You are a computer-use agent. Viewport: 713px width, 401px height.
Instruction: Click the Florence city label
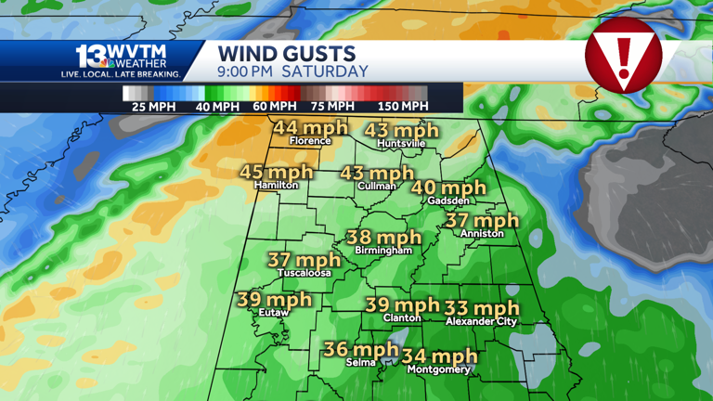(x=310, y=141)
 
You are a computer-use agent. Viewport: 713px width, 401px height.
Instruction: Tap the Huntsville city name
(x=402, y=145)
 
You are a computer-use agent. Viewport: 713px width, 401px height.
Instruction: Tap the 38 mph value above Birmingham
(x=383, y=238)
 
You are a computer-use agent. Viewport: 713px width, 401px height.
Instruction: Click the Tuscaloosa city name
(x=305, y=274)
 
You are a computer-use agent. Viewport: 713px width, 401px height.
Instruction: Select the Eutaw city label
(x=274, y=313)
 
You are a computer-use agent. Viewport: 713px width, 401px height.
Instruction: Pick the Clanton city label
(x=402, y=318)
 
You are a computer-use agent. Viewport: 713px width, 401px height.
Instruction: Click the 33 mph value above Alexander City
(x=482, y=308)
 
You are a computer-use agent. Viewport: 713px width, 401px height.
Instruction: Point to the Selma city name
(x=361, y=363)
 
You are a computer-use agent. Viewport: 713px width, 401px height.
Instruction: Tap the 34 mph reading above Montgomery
(x=439, y=356)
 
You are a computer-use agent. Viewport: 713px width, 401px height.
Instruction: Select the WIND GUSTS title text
(x=286, y=54)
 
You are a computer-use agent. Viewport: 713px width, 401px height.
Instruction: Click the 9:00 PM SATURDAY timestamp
(x=292, y=71)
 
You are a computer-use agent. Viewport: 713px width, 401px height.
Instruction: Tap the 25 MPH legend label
(x=151, y=107)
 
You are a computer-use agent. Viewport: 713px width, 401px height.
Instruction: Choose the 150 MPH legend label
(x=403, y=107)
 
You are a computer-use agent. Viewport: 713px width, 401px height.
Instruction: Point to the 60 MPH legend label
(x=273, y=107)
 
